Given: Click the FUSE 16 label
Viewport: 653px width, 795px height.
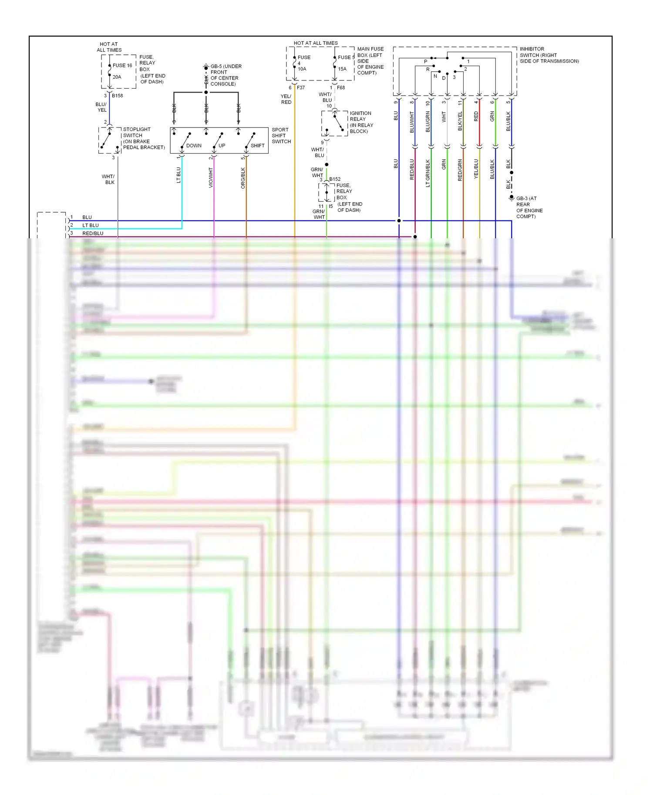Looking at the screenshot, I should (122, 66).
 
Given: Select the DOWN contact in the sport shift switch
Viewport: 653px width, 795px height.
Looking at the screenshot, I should (193, 146).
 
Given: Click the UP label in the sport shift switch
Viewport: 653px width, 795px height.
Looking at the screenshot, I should (222, 146).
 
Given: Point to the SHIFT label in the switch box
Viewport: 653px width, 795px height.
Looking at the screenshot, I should (257, 146).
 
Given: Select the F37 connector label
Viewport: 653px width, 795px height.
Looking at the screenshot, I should (301, 87).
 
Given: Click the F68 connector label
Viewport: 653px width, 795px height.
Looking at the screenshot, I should (341, 87).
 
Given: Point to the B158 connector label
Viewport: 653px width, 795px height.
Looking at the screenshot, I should (117, 96).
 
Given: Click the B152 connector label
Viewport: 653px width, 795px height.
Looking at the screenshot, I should (335, 179).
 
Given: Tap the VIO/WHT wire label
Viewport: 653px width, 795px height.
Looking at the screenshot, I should (211, 178).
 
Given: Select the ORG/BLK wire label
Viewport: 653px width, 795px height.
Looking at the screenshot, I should (243, 178).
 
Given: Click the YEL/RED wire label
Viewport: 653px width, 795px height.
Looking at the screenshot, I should (286, 99).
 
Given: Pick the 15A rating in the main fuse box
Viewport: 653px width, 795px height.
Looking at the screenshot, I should (342, 69).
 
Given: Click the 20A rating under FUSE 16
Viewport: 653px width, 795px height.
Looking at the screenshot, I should (117, 77).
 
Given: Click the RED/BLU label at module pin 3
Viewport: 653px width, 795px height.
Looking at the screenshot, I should (93, 234).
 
